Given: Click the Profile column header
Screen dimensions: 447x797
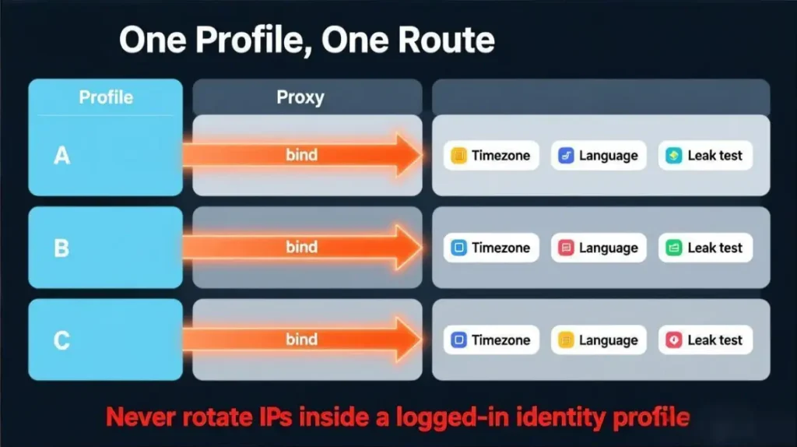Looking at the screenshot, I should [106, 97].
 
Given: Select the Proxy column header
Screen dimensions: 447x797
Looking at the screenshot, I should [300, 97].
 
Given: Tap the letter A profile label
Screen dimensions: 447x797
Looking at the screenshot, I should [61, 156].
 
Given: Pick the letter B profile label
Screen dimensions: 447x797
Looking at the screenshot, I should [61, 248].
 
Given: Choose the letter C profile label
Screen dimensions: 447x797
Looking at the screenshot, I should [61, 340].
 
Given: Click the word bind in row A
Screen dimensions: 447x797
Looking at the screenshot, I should [301, 155].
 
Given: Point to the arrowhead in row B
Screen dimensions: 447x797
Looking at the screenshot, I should [406, 247].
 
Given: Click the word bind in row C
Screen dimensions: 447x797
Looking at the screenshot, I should [301, 340].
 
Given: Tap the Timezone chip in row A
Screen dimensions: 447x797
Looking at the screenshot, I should [491, 156].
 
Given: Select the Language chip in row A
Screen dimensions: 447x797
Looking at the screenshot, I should [599, 156].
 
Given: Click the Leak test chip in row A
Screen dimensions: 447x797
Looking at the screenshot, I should [705, 156].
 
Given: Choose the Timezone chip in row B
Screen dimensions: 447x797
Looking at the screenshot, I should [491, 248].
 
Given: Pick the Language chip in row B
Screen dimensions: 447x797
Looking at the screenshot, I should [599, 248].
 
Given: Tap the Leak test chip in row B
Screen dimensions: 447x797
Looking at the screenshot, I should [705, 248].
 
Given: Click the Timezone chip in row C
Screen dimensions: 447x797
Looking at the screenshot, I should [491, 340].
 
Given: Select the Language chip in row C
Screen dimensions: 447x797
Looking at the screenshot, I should [599, 340].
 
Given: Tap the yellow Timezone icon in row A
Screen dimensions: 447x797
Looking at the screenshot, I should [458, 156].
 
